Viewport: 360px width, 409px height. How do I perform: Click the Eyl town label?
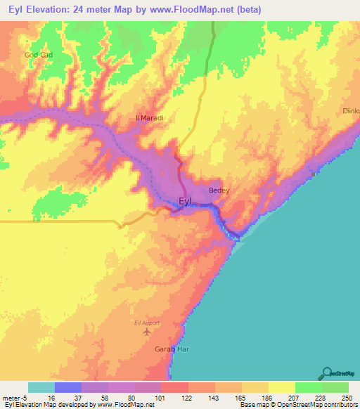[x=185, y=202]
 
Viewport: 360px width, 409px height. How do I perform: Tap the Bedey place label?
[x=219, y=190]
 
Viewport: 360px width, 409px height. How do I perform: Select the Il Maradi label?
[x=149, y=118]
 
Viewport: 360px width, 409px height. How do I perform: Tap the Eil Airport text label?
[x=146, y=323]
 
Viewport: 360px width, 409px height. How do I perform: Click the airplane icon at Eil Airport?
[x=146, y=331]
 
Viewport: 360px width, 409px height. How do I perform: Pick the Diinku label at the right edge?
[x=350, y=111]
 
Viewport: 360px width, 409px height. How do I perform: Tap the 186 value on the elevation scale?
[x=268, y=397]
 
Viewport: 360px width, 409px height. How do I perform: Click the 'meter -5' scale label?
[x=14, y=397]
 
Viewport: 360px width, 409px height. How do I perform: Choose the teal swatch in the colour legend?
[x=41, y=387]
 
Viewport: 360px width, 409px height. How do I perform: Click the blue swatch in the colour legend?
[x=67, y=387]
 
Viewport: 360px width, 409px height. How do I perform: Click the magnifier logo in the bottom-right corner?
[x=326, y=374]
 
